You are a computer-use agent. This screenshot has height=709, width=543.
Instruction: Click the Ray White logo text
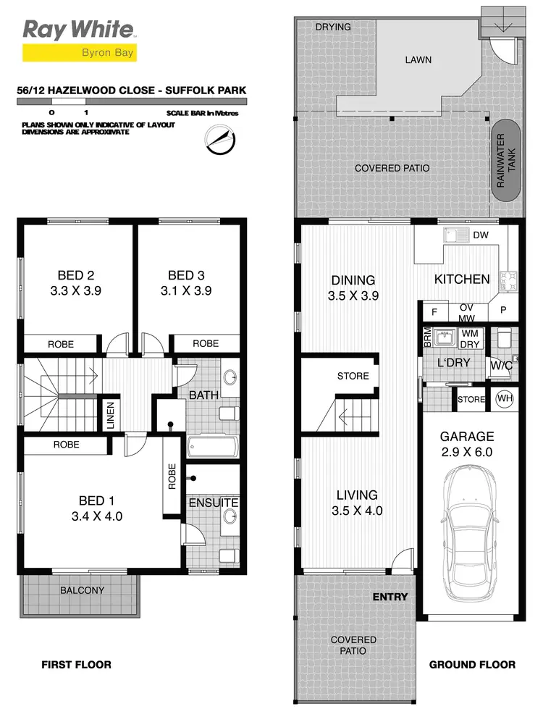78,29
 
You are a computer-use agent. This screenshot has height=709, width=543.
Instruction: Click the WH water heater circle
504,398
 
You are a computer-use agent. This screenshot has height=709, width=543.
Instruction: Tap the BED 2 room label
76,275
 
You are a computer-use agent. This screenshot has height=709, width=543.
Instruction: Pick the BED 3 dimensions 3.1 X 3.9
186,290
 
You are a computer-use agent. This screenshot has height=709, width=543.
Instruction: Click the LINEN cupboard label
111,417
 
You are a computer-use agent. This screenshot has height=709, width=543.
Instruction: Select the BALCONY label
82,590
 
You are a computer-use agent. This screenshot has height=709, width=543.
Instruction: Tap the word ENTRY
390,597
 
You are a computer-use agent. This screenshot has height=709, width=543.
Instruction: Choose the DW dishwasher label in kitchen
481,235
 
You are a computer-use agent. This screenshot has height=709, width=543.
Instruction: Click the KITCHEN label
462,279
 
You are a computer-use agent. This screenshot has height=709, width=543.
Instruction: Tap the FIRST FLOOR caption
76,664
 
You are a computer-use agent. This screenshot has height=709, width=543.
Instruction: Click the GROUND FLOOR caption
472,664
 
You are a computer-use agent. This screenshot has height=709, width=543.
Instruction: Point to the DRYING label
334,27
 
